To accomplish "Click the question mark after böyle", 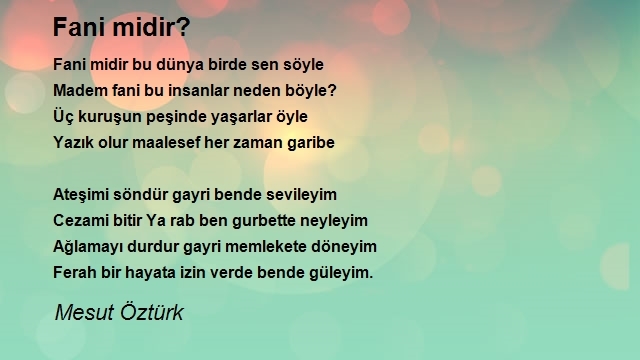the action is click(332, 90).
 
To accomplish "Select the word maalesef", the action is click(167, 142).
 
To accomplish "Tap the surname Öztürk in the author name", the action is click(151, 312).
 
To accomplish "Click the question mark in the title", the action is click(184, 27).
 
